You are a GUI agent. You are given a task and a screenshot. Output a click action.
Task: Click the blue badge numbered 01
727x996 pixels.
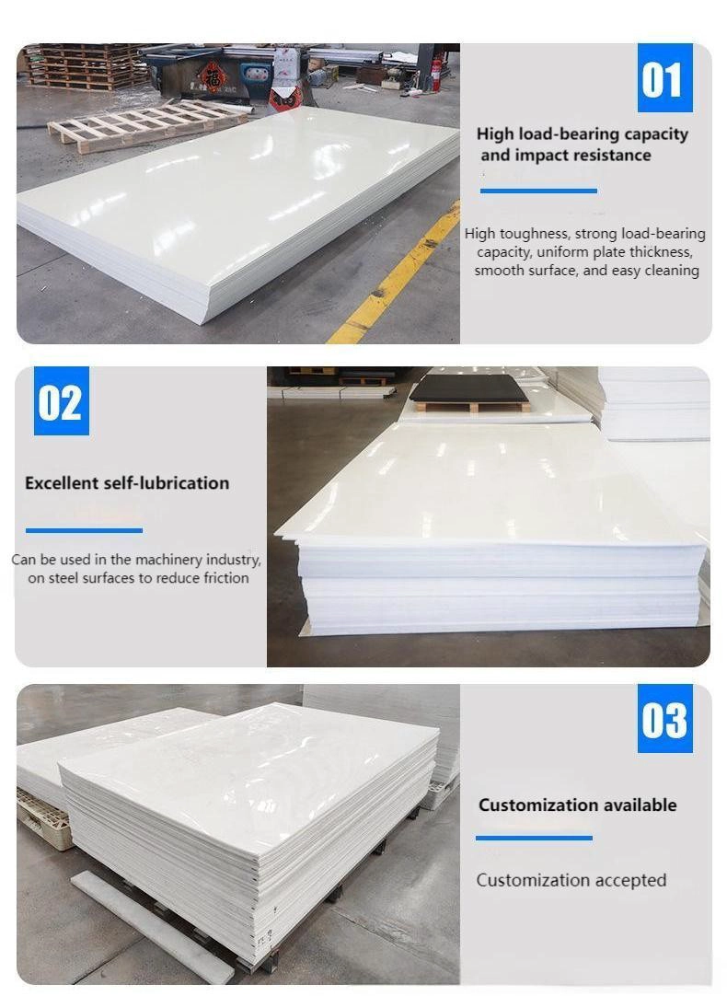tap(664, 78)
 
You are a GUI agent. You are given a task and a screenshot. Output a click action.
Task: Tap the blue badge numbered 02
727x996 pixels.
tap(61, 400)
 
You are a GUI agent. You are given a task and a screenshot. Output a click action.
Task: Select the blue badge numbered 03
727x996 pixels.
tap(664, 719)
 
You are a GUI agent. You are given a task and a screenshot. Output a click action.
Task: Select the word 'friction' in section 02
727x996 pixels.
tap(226, 578)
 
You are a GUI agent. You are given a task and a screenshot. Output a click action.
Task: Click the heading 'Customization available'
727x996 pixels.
tap(578, 805)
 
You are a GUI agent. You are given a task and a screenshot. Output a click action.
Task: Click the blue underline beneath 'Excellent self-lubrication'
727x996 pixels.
tap(84, 530)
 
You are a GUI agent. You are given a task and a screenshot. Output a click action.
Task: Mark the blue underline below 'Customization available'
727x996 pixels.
tap(534, 838)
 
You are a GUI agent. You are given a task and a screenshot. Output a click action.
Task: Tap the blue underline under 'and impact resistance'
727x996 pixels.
tap(538, 191)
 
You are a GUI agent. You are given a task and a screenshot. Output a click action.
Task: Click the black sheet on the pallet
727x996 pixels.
tap(469, 388)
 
